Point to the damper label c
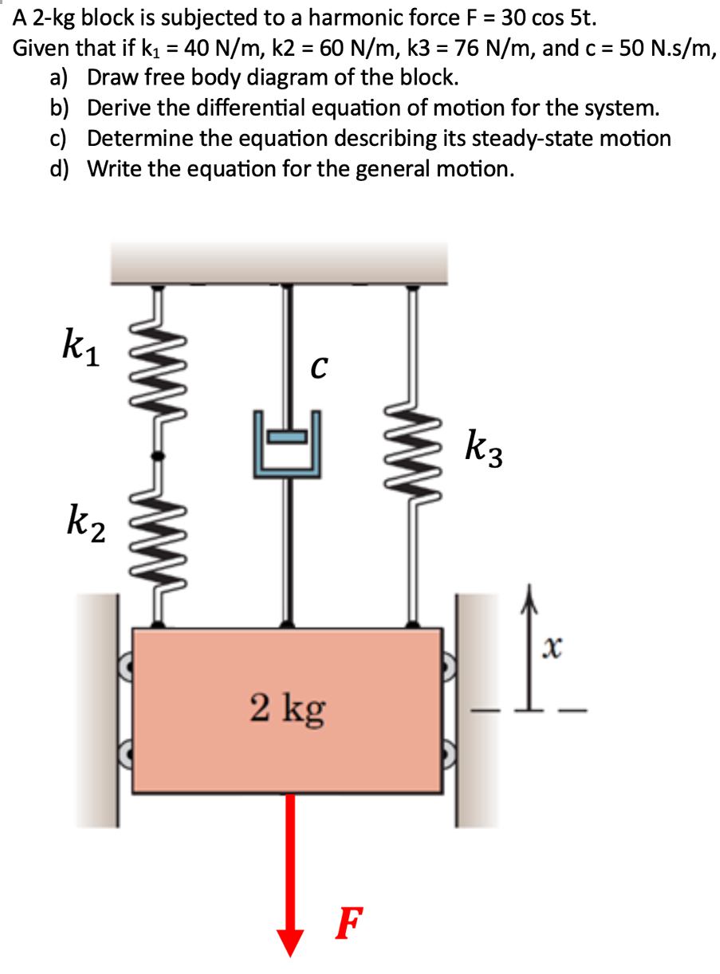click(x=318, y=368)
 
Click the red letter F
click(x=348, y=923)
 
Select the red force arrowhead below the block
click(x=289, y=940)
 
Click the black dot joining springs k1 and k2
click(x=158, y=455)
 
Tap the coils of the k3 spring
click(x=411, y=447)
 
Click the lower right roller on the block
click(x=450, y=751)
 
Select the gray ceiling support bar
click(x=279, y=264)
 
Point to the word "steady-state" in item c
click(x=455, y=138)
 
